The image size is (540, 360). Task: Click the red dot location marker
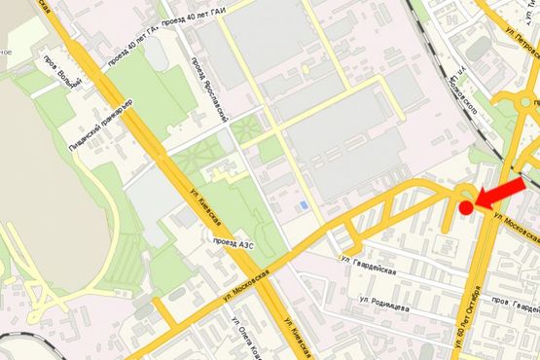coord(466,207)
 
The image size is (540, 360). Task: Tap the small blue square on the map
coord(305,205)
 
